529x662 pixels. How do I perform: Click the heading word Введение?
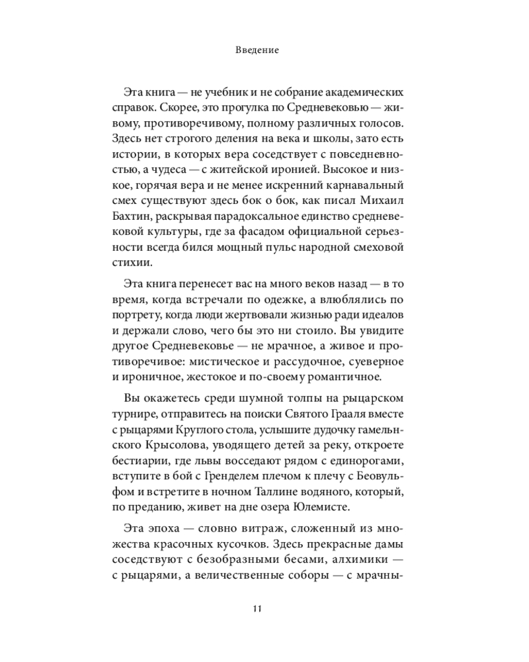264,50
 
